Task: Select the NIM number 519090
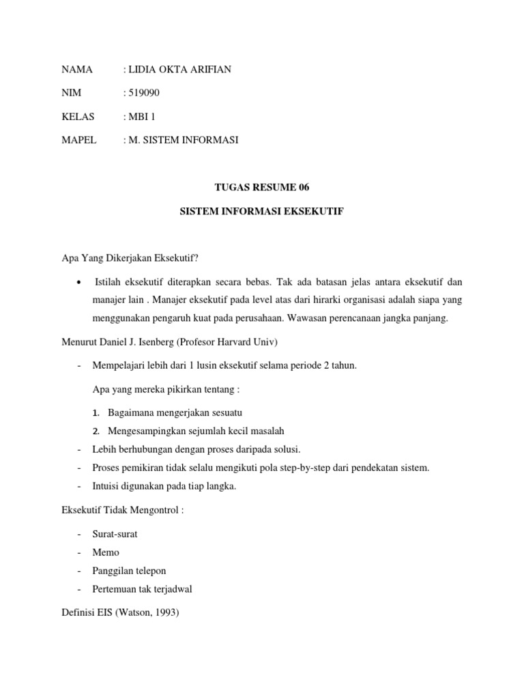(144, 94)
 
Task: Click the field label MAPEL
(79, 140)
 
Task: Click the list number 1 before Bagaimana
(96, 413)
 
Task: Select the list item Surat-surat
(114, 534)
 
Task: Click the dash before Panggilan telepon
(81, 570)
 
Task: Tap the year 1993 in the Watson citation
(166, 612)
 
